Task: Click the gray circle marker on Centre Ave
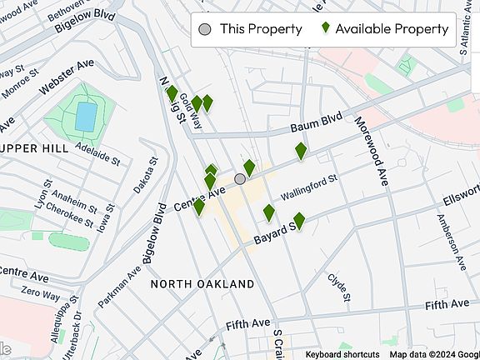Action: [x=240, y=179]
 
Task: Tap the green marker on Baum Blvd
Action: [x=301, y=152]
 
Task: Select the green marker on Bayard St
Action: [x=299, y=221]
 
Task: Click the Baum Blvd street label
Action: [x=317, y=126]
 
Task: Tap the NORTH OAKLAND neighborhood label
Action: [x=202, y=284]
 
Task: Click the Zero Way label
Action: [x=41, y=294]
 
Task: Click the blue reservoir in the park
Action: [x=85, y=117]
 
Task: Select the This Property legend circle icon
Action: [x=205, y=29]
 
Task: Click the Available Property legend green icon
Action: [x=327, y=28]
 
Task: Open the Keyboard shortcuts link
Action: [x=342, y=354]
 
